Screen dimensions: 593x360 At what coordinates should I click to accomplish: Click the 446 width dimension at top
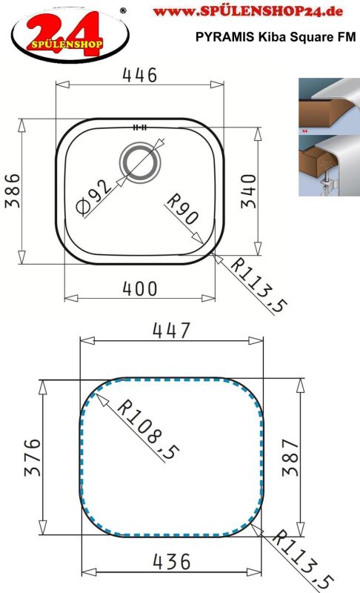coord(139,75)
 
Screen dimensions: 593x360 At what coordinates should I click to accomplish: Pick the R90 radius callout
coord(181,208)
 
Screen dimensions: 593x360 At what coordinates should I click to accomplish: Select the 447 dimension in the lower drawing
coord(171,330)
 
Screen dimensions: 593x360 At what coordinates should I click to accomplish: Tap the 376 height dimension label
coord(33,459)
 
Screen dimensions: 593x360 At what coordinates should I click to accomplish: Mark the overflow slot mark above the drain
coord(139,127)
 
